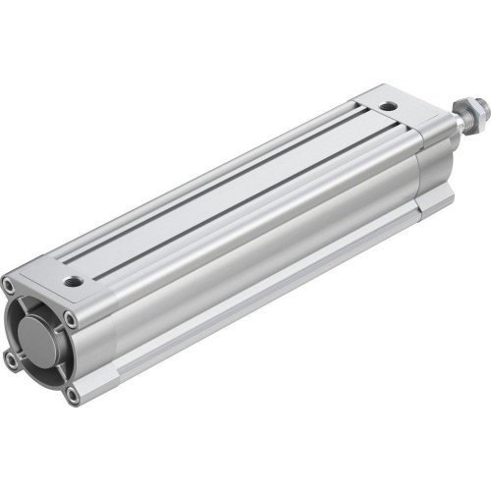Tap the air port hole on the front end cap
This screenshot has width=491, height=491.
[x=389, y=105]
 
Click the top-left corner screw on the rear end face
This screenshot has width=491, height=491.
[x=10, y=287]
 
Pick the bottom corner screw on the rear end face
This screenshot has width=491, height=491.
[x=72, y=394]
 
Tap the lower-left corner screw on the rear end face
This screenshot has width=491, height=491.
[x=12, y=361]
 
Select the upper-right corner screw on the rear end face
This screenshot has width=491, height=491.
[x=71, y=319]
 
